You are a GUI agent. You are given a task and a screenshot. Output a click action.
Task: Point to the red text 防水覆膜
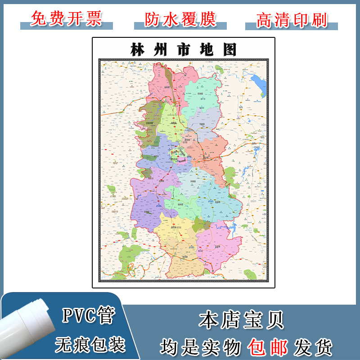click(180, 18)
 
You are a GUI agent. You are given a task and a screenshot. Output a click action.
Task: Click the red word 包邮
click(268, 347)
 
